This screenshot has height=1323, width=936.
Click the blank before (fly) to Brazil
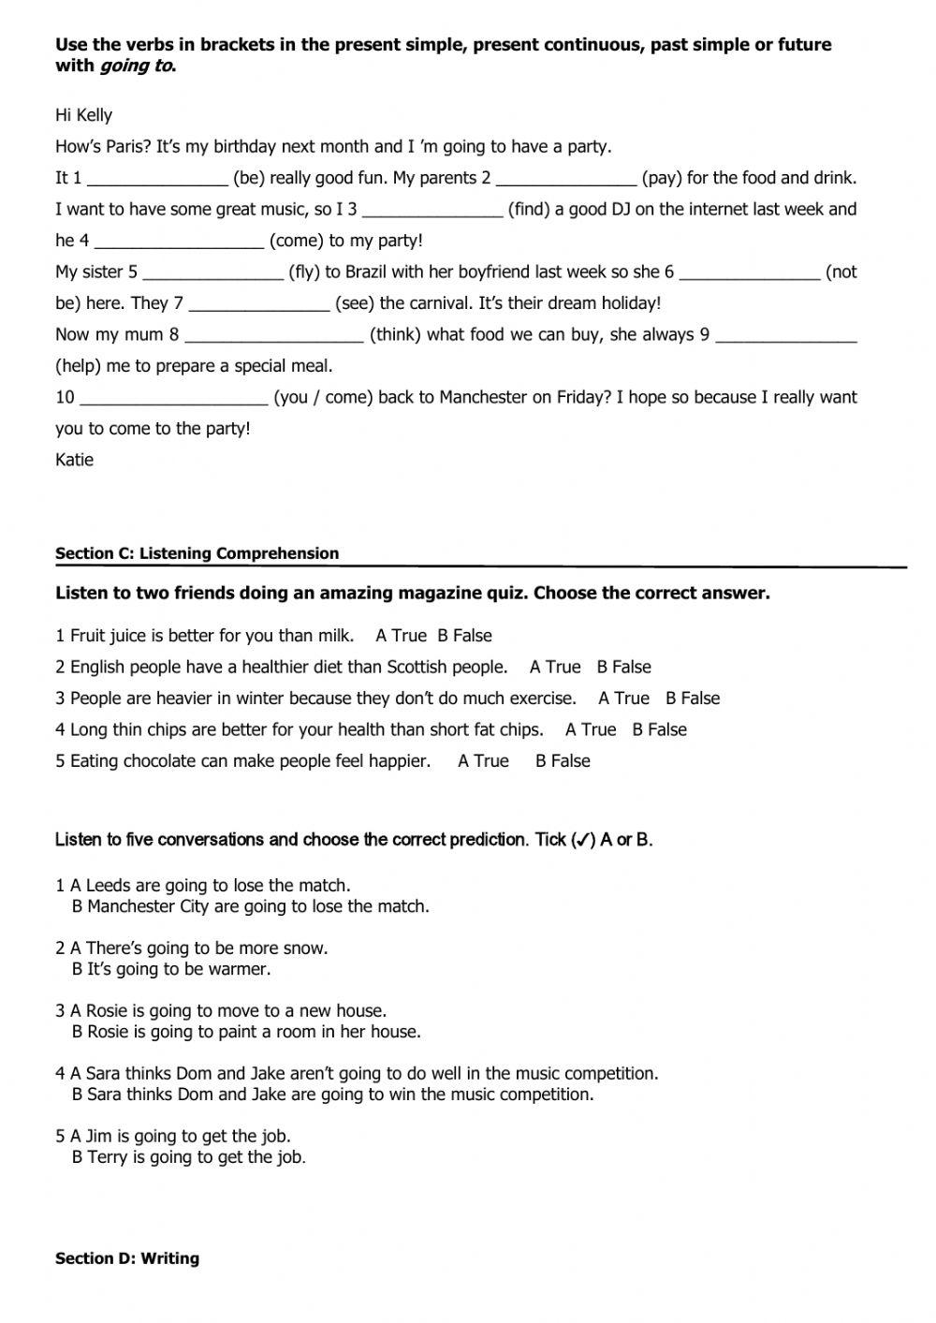(212, 273)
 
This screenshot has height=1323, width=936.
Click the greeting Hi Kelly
(83, 115)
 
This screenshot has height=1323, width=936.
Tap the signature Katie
(74, 460)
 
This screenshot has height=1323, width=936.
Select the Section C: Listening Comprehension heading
(197, 553)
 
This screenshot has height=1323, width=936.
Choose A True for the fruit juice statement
(401, 636)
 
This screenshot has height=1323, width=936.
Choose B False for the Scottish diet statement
(623, 668)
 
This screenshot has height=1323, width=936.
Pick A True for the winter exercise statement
(623, 698)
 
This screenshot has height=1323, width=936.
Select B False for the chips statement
(659, 730)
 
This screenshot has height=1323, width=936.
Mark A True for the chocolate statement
(483, 761)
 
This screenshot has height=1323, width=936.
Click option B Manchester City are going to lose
(251, 906)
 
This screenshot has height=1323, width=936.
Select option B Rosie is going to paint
(246, 1032)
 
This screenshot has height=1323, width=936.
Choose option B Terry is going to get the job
(189, 1157)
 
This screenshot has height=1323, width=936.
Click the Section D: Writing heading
(126, 1258)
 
